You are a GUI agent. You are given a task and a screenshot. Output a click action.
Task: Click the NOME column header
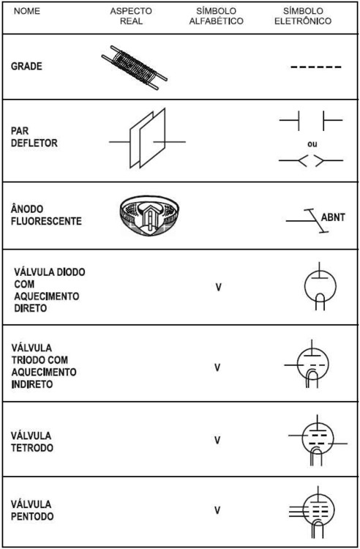click(27, 11)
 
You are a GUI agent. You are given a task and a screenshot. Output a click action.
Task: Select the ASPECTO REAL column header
click(131, 16)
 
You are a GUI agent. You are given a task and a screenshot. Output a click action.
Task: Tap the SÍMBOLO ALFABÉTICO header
click(216, 16)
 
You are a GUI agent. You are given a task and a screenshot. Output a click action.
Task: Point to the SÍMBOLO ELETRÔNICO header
click(303, 16)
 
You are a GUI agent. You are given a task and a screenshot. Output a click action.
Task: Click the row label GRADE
click(26, 66)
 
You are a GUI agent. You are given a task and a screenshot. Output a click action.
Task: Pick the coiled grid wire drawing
click(135, 67)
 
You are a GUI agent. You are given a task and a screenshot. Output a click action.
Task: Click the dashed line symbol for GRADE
click(316, 67)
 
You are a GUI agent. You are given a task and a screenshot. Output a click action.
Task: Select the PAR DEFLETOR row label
click(34, 137)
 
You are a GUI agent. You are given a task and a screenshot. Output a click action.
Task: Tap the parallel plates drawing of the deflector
click(147, 138)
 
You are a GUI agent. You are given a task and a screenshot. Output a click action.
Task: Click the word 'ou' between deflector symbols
click(312, 144)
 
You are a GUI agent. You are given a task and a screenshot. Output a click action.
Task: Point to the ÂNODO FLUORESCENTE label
click(46, 215)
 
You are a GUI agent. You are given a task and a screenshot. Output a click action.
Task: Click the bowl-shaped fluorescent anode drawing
click(149, 215)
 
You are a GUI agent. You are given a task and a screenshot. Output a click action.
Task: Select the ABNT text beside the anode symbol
click(333, 217)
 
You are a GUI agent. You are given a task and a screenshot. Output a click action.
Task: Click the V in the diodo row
click(218, 287)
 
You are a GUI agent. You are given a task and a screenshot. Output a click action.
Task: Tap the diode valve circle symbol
click(320, 286)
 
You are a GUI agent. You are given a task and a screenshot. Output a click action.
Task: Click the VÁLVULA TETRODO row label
click(32, 442)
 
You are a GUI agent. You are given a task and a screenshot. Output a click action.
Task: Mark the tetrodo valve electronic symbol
click(318, 440)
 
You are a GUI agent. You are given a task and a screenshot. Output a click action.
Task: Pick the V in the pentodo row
click(217, 510)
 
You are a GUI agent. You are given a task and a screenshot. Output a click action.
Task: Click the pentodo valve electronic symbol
click(312, 512)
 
